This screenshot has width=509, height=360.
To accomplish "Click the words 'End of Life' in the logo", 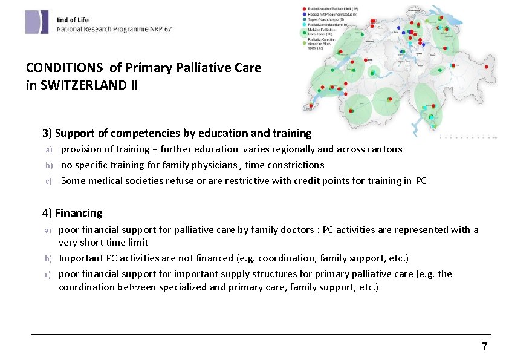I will [73, 19].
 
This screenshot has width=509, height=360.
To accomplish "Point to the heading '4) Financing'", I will [73, 213].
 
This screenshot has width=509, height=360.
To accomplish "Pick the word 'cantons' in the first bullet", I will [385, 149].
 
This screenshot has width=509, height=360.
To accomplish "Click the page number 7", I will [484, 347].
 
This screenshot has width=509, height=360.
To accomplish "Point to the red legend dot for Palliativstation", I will [303, 8].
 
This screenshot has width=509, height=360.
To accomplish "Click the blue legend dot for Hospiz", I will [303, 14].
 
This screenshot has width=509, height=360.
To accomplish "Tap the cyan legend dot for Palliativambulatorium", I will [303, 24].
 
